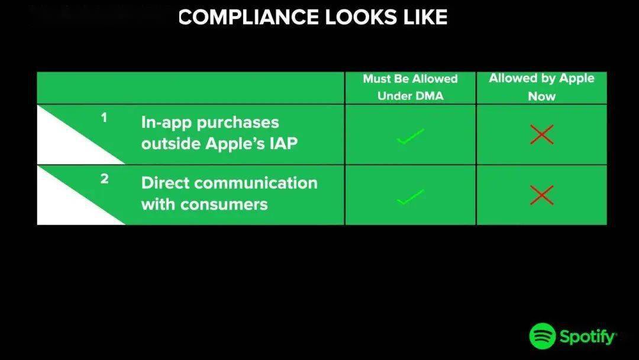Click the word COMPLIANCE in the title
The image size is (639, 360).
(x=248, y=17)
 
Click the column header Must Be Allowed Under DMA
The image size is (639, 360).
(x=411, y=87)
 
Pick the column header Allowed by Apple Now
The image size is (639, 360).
(x=541, y=87)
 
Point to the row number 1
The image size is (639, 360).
(x=104, y=118)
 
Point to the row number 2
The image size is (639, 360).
(x=104, y=179)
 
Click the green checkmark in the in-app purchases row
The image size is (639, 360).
(x=411, y=136)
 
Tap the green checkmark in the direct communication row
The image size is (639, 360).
(x=411, y=197)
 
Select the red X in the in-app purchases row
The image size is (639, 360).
(x=542, y=134)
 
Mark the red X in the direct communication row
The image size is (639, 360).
(x=542, y=195)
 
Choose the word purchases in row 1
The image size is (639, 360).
(x=238, y=123)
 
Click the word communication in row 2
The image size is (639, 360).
(x=256, y=183)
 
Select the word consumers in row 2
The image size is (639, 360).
(x=224, y=205)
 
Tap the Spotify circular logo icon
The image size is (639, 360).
(x=543, y=336)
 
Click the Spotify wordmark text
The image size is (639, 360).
(x=588, y=337)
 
